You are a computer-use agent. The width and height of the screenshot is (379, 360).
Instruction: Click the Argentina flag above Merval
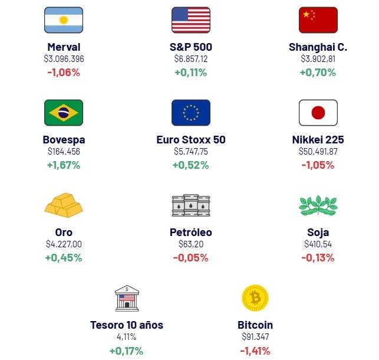[x=64, y=20]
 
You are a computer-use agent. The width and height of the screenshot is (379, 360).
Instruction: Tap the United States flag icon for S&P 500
[x=190, y=20]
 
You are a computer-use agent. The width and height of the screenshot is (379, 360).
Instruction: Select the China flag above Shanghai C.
[x=318, y=20]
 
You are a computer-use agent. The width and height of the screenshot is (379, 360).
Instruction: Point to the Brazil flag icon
[x=64, y=113]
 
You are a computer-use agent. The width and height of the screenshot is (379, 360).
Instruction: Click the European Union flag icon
[x=190, y=113]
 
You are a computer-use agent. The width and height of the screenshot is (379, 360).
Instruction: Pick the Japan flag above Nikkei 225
[x=318, y=113]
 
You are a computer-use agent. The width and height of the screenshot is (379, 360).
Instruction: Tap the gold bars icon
[x=64, y=205]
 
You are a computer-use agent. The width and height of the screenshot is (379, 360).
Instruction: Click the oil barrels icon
[x=190, y=205]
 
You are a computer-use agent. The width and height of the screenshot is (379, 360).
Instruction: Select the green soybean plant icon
[x=318, y=205]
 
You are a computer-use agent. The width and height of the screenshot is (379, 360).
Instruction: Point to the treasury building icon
[x=127, y=298]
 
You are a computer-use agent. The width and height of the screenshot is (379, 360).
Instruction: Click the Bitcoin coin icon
[x=255, y=298]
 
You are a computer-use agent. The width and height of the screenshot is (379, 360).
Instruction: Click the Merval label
[x=64, y=47]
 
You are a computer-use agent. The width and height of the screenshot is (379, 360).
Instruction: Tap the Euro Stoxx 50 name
[x=190, y=140]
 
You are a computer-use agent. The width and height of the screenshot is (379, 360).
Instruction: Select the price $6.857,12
[x=190, y=59]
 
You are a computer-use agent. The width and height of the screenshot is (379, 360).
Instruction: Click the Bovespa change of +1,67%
[x=64, y=165]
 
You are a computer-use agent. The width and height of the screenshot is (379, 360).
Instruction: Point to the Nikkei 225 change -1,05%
[x=318, y=165]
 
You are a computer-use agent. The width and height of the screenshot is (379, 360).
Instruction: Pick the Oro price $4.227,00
[x=64, y=244]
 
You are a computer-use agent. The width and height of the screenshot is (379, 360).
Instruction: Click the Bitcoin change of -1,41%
[x=255, y=351]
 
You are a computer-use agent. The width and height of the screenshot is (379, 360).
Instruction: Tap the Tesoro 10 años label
[x=127, y=325]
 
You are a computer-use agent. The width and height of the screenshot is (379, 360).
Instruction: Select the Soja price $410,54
[x=318, y=244]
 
